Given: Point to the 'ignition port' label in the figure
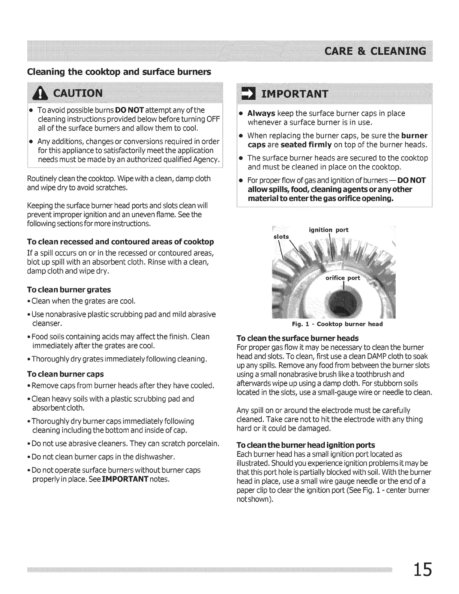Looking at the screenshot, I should (x=328, y=230).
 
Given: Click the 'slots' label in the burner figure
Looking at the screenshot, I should (x=281, y=237).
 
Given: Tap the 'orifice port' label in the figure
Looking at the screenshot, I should (x=342, y=278).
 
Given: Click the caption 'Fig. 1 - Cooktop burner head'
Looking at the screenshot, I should (x=337, y=324).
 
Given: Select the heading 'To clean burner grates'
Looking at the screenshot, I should (x=69, y=289).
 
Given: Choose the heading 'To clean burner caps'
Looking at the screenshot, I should (x=66, y=374).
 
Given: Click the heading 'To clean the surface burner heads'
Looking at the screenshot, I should (x=298, y=338).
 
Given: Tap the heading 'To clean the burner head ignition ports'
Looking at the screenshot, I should (x=306, y=445).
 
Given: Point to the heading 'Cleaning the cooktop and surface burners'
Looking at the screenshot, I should (x=119, y=72).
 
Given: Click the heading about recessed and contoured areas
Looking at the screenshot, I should (x=121, y=241).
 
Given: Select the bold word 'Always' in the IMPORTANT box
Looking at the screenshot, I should (x=261, y=113).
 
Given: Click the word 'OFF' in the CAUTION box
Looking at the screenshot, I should (x=213, y=119).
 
